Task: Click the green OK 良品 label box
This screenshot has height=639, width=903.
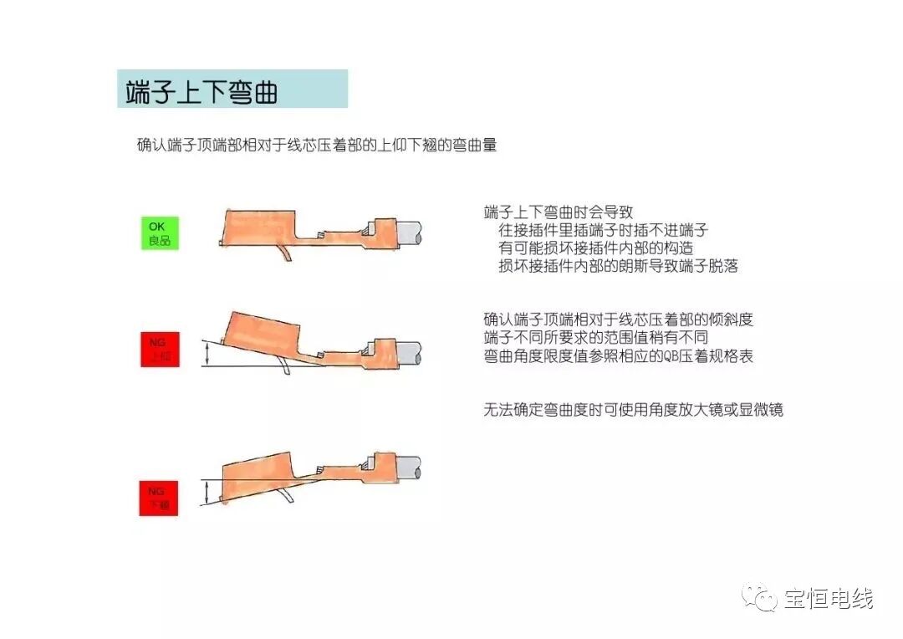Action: [x=159, y=233]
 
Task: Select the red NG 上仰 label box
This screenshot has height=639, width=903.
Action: [x=159, y=350]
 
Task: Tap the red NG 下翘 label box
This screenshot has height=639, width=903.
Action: [x=159, y=498]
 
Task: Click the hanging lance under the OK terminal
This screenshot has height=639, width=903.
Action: [x=284, y=252]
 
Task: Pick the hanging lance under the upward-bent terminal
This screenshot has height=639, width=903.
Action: [x=288, y=368]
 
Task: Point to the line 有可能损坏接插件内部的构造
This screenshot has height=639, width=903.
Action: [x=596, y=248]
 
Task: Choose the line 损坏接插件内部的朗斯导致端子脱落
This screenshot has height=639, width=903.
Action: [x=618, y=266]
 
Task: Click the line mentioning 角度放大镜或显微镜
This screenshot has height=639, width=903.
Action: [x=633, y=410]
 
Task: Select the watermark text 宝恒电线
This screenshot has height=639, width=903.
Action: [x=829, y=599]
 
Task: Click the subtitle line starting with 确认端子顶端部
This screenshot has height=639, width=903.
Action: [x=317, y=145]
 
